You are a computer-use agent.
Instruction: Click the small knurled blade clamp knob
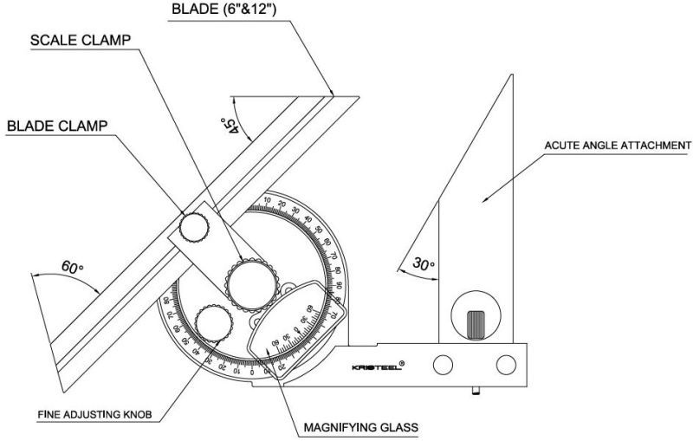[x=194, y=227]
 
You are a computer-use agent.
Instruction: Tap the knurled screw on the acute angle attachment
[x=476, y=325]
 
